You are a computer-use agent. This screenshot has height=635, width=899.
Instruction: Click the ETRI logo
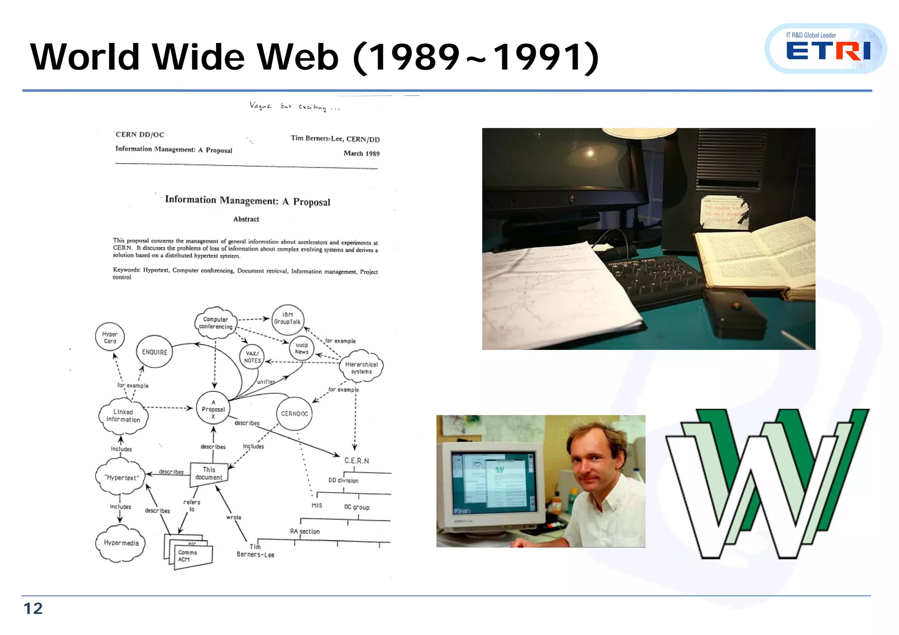tap(827, 49)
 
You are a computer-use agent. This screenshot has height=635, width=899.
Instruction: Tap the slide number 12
tap(33, 608)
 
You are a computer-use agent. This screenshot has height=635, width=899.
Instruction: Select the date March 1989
tap(361, 153)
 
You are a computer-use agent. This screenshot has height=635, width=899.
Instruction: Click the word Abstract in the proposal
tap(246, 219)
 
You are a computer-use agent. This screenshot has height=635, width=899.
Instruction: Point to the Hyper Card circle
tap(110, 337)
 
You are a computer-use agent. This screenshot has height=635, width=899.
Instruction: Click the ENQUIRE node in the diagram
tap(155, 352)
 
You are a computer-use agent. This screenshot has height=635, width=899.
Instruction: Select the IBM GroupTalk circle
tap(288, 319)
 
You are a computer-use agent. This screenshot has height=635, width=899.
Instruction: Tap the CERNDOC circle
tap(295, 414)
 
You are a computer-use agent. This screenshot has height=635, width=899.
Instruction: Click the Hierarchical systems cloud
tap(361, 367)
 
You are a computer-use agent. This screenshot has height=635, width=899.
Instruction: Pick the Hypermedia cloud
tap(121, 543)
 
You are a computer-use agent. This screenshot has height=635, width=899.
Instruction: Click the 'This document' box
tap(209, 474)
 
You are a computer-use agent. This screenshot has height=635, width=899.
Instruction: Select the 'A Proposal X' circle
tap(213, 409)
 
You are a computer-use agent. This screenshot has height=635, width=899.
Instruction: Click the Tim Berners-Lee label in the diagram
tap(255, 551)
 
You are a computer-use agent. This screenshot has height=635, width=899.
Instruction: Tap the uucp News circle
tap(302, 348)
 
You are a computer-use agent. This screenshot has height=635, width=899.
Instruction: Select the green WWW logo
tap(767, 482)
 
